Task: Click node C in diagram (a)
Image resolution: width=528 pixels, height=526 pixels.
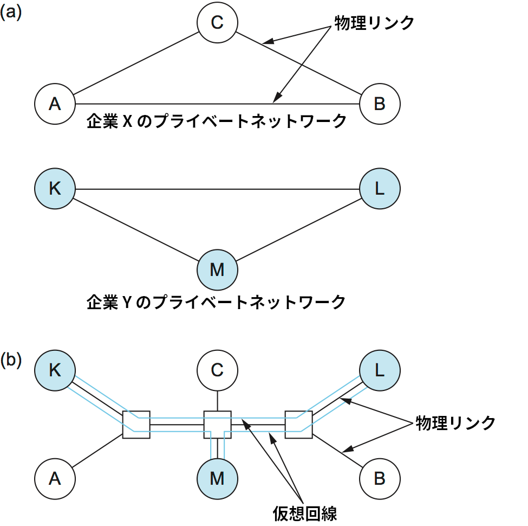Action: click(x=217, y=22)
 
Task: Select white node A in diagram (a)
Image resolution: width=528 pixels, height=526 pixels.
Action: click(x=55, y=103)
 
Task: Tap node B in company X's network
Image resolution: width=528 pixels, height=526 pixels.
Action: click(x=380, y=103)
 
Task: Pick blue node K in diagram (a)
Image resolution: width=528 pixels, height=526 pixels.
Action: click(x=55, y=189)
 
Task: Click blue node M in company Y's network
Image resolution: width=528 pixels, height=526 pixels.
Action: click(x=217, y=270)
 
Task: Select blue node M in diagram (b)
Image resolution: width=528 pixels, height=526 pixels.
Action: click(x=217, y=478)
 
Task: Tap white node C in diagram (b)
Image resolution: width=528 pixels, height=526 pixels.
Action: click(x=217, y=370)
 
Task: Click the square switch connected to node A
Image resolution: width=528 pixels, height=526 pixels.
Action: click(x=136, y=425)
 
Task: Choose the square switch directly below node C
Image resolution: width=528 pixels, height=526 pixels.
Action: click(x=217, y=425)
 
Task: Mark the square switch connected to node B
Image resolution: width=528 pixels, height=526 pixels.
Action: click(x=298, y=425)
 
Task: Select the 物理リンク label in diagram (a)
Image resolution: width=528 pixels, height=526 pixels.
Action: click(x=374, y=23)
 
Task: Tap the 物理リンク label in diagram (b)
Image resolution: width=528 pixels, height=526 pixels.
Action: click(x=455, y=423)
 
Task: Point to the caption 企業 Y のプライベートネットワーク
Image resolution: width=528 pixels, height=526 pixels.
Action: click(x=216, y=302)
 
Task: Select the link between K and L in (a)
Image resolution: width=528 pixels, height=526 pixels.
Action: click(x=217, y=189)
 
